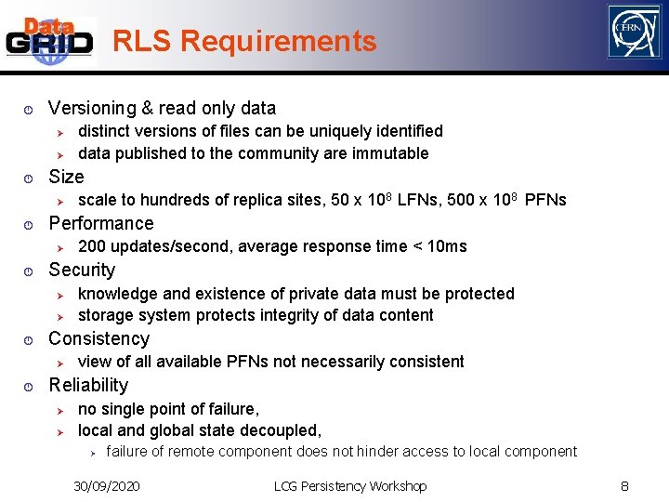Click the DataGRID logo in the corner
pyautogui.click(x=50, y=41)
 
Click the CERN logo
pyautogui.click(x=634, y=32)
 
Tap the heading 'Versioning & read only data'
pyautogui.click(x=162, y=108)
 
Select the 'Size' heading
pyautogui.click(x=66, y=177)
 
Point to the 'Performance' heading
pyautogui.click(x=100, y=223)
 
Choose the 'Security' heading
pyautogui.click(x=82, y=270)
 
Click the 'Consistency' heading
pyautogui.click(x=98, y=338)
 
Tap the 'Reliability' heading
pyautogui.click(x=88, y=385)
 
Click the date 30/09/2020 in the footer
pyautogui.click(x=107, y=486)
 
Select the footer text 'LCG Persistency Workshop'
pyautogui.click(x=350, y=486)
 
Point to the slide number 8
pyautogui.click(x=625, y=485)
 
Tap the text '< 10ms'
pyautogui.click(x=439, y=246)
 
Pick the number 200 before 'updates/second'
pyautogui.click(x=92, y=246)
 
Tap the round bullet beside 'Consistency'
pyautogui.click(x=29, y=339)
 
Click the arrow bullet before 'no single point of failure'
pyautogui.click(x=58, y=410)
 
